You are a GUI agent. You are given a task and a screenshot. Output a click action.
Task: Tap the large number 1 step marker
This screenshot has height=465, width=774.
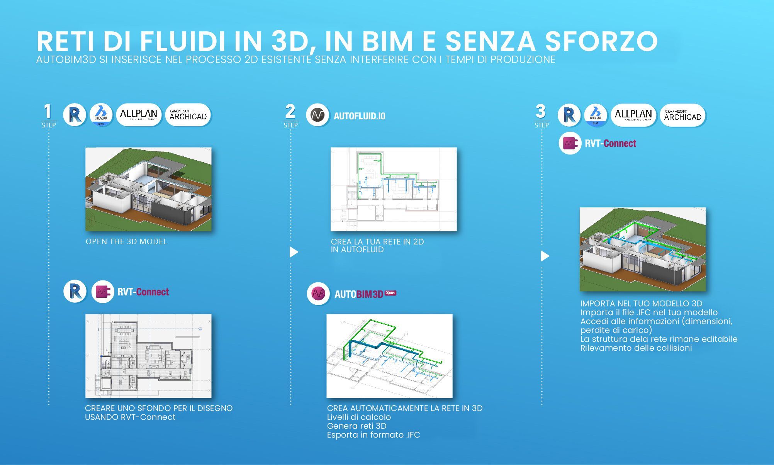[x=48, y=112]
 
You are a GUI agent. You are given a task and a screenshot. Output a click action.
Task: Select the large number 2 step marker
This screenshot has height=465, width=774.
[x=290, y=112]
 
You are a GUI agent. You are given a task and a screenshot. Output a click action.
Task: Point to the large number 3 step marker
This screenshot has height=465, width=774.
[x=541, y=112]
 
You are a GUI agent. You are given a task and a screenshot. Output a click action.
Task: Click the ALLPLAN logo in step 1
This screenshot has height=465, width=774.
[x=139, y=115]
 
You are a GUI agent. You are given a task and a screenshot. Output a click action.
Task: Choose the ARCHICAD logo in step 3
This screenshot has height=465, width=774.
[x=682, y=115]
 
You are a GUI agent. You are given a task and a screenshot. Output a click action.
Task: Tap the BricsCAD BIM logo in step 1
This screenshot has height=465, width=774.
[x=101, y=115]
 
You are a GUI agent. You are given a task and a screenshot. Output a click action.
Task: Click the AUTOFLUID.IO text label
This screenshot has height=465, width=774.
[x=359, y=116]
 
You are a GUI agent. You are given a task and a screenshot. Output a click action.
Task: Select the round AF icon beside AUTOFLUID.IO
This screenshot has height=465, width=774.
[x=317, y=115]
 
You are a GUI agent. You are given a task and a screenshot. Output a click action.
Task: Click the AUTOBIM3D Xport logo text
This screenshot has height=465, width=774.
[x=365, y=294]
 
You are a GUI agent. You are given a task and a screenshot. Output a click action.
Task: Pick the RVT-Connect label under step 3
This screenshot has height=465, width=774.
[x=610, y=143]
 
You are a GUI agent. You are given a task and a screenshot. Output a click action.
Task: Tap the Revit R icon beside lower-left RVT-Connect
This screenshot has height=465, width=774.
[x=75, y=291]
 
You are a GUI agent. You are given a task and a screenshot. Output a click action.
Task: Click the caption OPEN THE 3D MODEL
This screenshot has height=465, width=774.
[x=126, y=241]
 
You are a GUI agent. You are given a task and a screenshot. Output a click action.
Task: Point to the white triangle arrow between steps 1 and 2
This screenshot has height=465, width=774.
[x=294, y=252]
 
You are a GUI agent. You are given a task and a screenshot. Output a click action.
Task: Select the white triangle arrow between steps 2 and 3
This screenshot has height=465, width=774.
[x=545, y=256]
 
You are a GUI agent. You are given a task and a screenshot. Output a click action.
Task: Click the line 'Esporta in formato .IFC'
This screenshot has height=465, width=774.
[x=373, y=435]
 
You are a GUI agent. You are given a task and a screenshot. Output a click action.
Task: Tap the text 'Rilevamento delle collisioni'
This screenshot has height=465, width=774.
[x=636, y=348]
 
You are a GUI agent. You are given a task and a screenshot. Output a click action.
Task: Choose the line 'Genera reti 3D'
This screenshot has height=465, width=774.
[x=356, y=426]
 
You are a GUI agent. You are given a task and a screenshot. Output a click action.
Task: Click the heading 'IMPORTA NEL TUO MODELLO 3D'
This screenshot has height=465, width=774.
[x=641, y=304]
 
